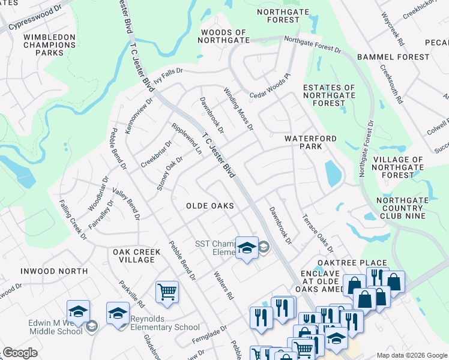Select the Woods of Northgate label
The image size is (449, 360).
click(x=224, y=37)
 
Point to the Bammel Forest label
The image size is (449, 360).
click(x=393, y=57)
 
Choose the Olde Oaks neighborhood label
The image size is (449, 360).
click(x=209, y=206)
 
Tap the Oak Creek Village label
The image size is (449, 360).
click(x=137, y=256)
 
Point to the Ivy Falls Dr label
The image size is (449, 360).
click(x=167, y=72)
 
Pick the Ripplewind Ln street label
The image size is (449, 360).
click(x=187, y=139)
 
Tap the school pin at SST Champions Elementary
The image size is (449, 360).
click(x=246, y=248)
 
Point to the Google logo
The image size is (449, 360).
click(x=20, y=353)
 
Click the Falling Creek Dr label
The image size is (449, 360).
click(x=73, y=220)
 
